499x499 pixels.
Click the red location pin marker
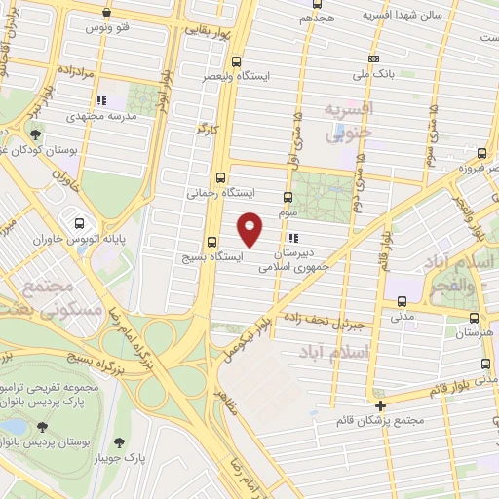pos(250,228)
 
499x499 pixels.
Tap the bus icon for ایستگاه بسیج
pos(211,243)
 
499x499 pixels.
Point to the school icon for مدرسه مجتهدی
pos(100,99)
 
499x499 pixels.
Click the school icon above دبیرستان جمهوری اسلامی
pos(292,237)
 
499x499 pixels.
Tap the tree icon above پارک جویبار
pos(122,440)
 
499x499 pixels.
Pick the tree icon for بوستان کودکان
pos(35,135)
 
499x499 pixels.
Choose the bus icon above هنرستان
pos(475,318)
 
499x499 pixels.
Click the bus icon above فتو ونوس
pos(106,14)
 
